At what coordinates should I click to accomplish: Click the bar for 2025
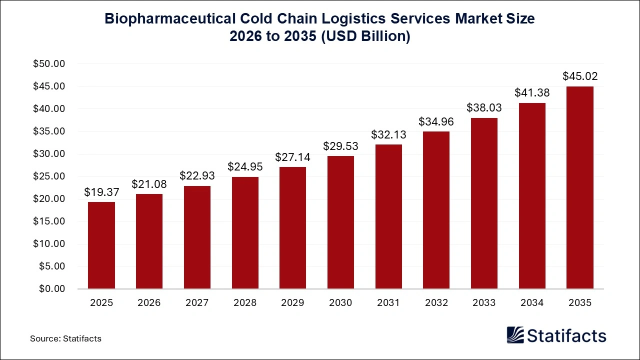click(101, 245)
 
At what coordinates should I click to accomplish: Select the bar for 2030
click(340, 222)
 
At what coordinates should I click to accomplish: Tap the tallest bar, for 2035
click(579, 187)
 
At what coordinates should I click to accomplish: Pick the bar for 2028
click(245, 233)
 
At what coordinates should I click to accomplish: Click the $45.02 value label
click(579, 76)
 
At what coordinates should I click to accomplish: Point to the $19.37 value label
click(101, 192)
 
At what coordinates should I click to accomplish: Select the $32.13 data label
click(388, 134)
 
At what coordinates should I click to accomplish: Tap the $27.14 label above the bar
click(292, 157)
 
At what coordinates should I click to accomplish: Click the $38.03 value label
click(484, 108)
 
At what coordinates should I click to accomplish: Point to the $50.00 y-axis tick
click(49, 64)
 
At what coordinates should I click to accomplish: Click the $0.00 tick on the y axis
click(51, 289)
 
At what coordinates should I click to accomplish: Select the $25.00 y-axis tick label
click(49, 176)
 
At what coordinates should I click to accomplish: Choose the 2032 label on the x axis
click(436, 303)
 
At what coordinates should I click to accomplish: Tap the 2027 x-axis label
click(197, 303)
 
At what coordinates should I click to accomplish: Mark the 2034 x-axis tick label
click(531, 303)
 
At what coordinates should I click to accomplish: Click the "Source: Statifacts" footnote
click(65, 338)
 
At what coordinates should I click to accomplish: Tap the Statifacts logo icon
click(515, 335)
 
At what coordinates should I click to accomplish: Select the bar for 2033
click(484, 203)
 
